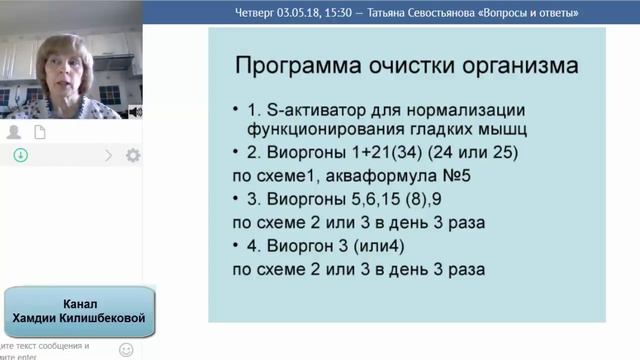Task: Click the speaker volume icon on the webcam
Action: (136, 112)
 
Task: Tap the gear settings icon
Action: (133, 156)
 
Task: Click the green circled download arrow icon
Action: (20, 156)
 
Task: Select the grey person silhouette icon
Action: (14, 132)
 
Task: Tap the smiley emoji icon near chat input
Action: (126, 349)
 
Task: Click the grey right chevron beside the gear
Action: (109, 156)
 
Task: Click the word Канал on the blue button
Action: (80, 302)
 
